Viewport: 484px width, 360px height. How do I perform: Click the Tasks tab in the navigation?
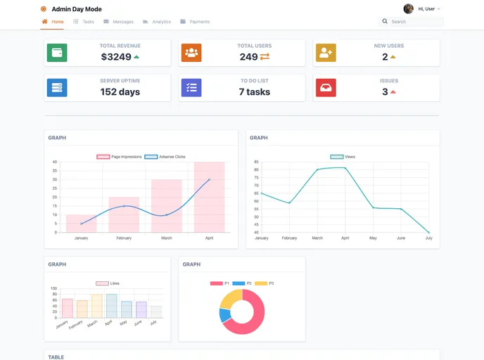click(84, 22)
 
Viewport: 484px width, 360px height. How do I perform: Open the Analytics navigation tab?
click(157, 22)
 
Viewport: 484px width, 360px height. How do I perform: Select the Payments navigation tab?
click(195, 22)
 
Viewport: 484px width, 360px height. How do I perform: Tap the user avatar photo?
click(408, 9)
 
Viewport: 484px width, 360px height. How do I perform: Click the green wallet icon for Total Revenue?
click(57, 53)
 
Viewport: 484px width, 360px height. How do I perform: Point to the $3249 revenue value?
click(116, 57)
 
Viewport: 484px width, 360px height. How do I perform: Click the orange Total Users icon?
click(191, 53)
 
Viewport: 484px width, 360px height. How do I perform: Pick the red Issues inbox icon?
click(326, 88)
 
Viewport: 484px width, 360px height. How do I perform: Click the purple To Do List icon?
click(191, 88)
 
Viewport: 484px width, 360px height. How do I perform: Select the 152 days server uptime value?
click(120, 92)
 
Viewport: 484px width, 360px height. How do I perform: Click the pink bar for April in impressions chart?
click(209, 197)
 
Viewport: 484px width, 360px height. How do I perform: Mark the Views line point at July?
click(428, 232)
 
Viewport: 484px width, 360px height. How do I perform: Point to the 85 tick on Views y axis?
click(256, 162)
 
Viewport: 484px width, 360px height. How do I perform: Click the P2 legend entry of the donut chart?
click(243, 283)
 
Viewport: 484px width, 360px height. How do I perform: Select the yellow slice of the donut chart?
click(230, 299)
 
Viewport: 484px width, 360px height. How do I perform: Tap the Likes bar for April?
click(111, 306)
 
